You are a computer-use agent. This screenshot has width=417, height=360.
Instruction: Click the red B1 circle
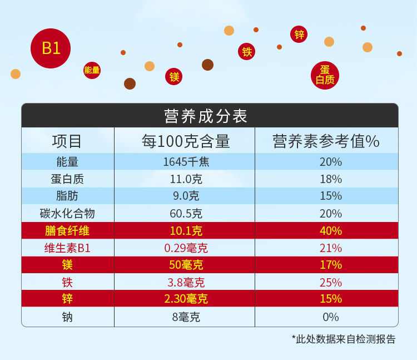[x=51, y=48]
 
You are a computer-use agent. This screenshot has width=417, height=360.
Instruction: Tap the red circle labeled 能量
[x=92, y=70]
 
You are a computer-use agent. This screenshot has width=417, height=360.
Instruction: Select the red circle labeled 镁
[x=174, y=77]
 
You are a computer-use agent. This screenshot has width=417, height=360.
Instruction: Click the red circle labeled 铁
[x=247, y=52]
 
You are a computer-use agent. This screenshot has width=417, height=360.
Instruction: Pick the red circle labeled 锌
[x=299, y=34]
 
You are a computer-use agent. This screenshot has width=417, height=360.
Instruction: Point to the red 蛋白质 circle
[x=325, y=75]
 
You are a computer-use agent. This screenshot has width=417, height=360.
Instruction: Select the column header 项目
[x=67, y=141]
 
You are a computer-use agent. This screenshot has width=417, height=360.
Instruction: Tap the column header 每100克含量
[x=185, y=141]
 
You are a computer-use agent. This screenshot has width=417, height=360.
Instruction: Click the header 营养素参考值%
[x=326, y=141]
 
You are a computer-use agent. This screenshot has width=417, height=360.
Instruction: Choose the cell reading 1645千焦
[x=186, y=162]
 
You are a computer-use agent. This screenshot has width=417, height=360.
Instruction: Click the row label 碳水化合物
[x=67, y=213]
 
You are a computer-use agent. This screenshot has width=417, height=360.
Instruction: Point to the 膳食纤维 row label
[x=67, y=230]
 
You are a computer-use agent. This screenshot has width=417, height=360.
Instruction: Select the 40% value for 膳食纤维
[x=330, y=230]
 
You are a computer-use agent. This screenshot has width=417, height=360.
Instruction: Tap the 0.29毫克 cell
[x=186, y=248]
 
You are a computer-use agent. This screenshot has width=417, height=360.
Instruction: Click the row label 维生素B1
[x=67, y=248]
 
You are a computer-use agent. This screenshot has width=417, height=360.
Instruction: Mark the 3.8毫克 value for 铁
[x=186, y=282]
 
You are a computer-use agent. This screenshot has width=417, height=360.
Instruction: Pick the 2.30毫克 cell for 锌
[x=186, y=299]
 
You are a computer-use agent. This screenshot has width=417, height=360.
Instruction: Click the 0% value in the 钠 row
[x=330, y=317]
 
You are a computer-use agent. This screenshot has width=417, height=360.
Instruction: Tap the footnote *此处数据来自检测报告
[x=343, y=339]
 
